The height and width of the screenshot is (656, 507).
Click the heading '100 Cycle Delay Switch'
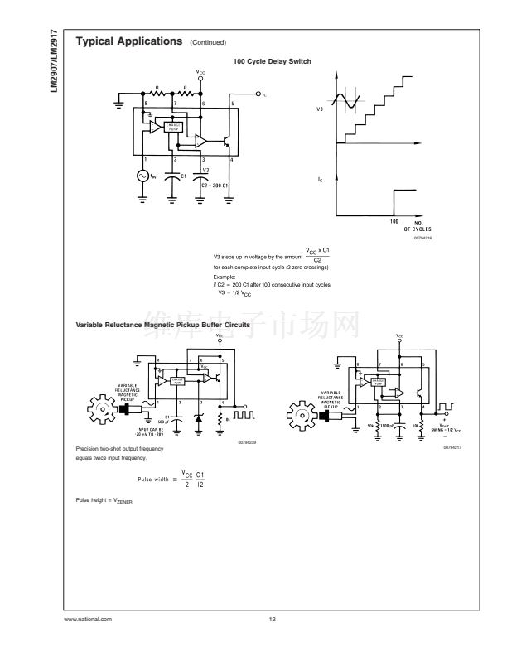[272, 61]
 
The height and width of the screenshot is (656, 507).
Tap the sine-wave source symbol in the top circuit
[142, 176]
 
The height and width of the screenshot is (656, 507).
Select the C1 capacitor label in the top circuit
[182, 176]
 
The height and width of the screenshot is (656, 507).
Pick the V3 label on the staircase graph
[321, 109]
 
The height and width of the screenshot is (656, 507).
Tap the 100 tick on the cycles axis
[394, 222]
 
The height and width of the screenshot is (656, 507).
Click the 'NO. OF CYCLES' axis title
[418, 225]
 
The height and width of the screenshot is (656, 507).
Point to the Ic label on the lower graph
[321, 179]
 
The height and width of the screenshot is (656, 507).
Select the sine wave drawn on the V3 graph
[348, 102]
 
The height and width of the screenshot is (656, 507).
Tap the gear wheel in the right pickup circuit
[300, 412]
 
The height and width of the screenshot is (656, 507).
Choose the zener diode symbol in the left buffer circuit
[198, 419]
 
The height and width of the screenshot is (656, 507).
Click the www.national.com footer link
[88, 619]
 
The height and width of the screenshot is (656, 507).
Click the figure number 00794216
[424, 238]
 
